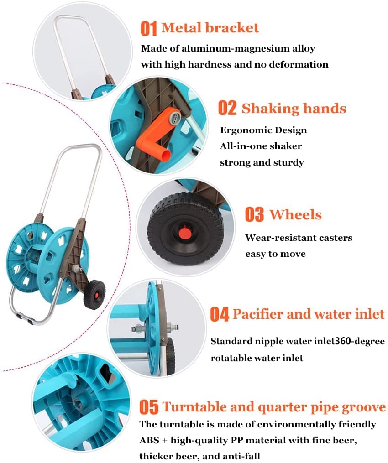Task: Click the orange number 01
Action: (x=148, y=29)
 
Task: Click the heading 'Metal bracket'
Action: (x=210, y=28)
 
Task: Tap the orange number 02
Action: (x=227, y=108)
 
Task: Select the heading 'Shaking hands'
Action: (x=294, y=109)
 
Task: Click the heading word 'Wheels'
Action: (x=295, y=214)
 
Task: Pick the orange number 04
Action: (x=219, y=314)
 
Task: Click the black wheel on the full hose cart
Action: (x=94, y=294)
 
